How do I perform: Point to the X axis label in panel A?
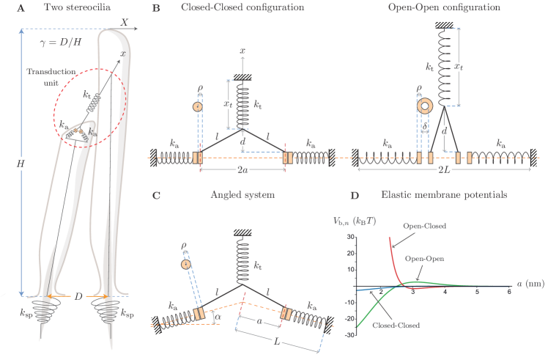point(124,23)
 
